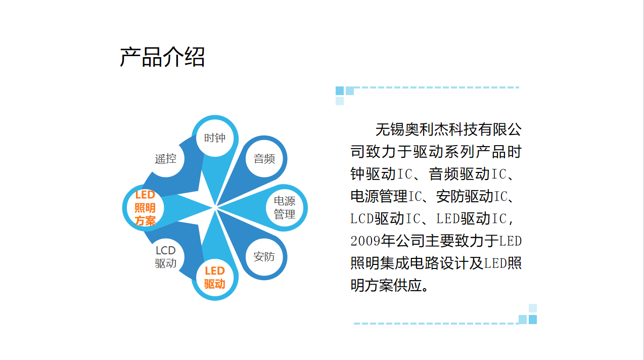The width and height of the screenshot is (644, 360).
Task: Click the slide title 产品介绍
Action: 162,57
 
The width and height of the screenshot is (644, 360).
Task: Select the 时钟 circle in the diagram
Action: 215,138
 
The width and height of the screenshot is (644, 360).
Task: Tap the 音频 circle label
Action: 264,159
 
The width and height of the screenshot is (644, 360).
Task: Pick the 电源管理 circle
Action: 284,208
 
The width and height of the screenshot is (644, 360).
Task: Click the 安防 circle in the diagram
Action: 264,257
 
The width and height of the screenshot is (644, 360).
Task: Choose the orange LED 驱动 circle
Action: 215,278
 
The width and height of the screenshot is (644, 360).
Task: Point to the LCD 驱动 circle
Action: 166,257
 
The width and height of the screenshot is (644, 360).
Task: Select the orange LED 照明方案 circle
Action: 145,208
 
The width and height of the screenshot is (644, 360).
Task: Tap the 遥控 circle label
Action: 166,159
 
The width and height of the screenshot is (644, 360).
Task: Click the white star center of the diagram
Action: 215,208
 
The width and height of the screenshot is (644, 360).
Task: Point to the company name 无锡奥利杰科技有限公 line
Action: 448,129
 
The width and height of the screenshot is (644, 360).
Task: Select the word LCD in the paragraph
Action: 362,218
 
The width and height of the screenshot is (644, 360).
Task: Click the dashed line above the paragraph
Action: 436,87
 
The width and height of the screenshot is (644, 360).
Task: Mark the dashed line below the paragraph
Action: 436,324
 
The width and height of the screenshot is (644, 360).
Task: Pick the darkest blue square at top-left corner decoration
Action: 340,91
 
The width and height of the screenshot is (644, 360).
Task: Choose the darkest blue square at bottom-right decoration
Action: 533,320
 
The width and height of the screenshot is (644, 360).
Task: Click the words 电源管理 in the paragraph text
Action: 379,196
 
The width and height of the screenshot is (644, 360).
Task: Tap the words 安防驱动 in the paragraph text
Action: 465,196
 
